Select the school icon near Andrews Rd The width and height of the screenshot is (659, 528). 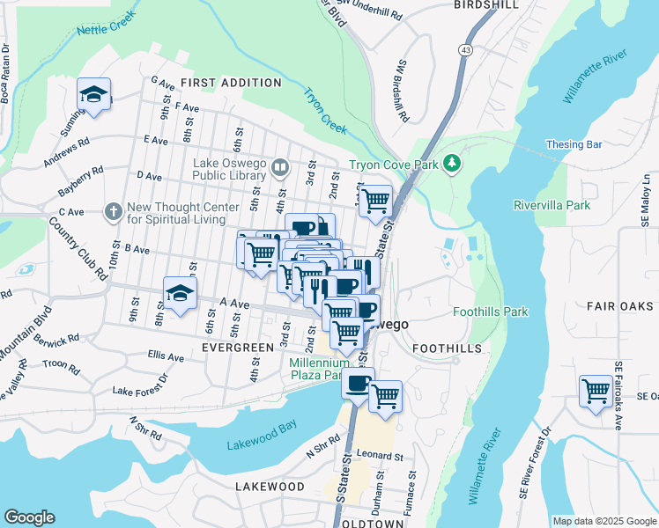pyautogui.click(x=93, y=95)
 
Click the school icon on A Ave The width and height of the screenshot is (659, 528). pyautogui.click(x=180, y=294)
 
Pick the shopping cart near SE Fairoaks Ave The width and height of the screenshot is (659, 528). pyautogui.click(x=596, y=390)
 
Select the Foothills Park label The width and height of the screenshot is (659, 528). pyautogui.click(x=490, y=312)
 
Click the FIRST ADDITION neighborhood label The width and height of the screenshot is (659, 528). pyautogui.click(x=231, y=83)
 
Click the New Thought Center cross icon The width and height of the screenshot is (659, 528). pyautogui.click(x=112, y=212)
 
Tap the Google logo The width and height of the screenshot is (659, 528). pyautogui.click(x=29, y=517)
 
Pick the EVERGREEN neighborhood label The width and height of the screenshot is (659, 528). pyautogui.click(x=238, y=348)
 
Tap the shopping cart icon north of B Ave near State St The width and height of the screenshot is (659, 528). pyautogui.click(x=375, y=200)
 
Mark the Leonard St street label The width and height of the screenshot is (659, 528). pyautogui.click(x=380, y=457)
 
